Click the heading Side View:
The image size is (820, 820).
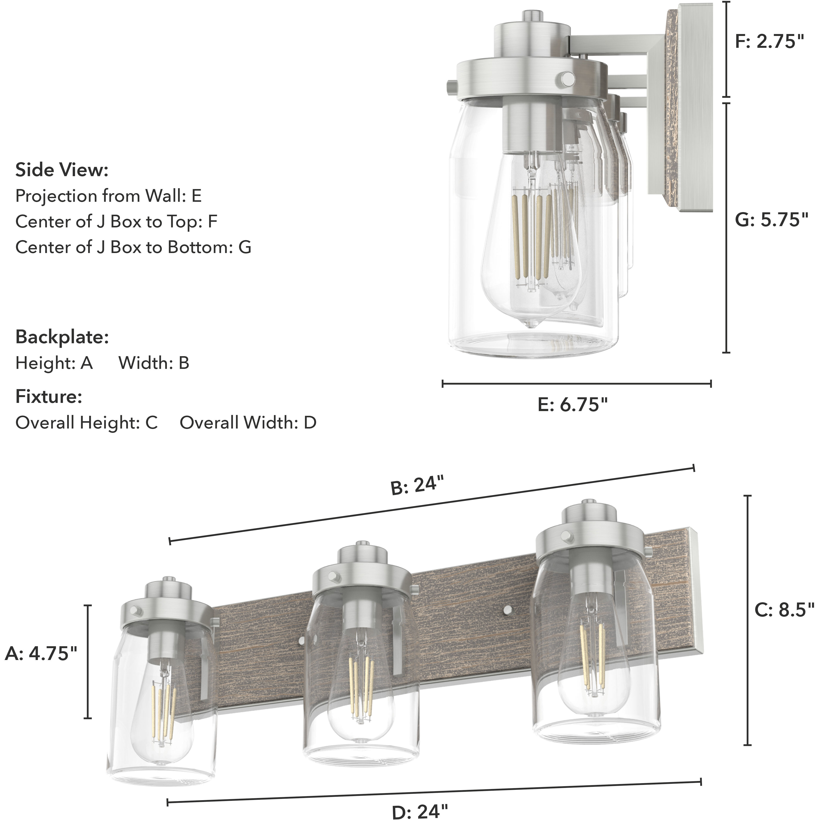[x=62, y=170]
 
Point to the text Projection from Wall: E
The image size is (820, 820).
[x=108, y=196]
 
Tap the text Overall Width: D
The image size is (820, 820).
[x=248, y=423]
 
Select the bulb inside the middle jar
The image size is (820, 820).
[x=361, y=683]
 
